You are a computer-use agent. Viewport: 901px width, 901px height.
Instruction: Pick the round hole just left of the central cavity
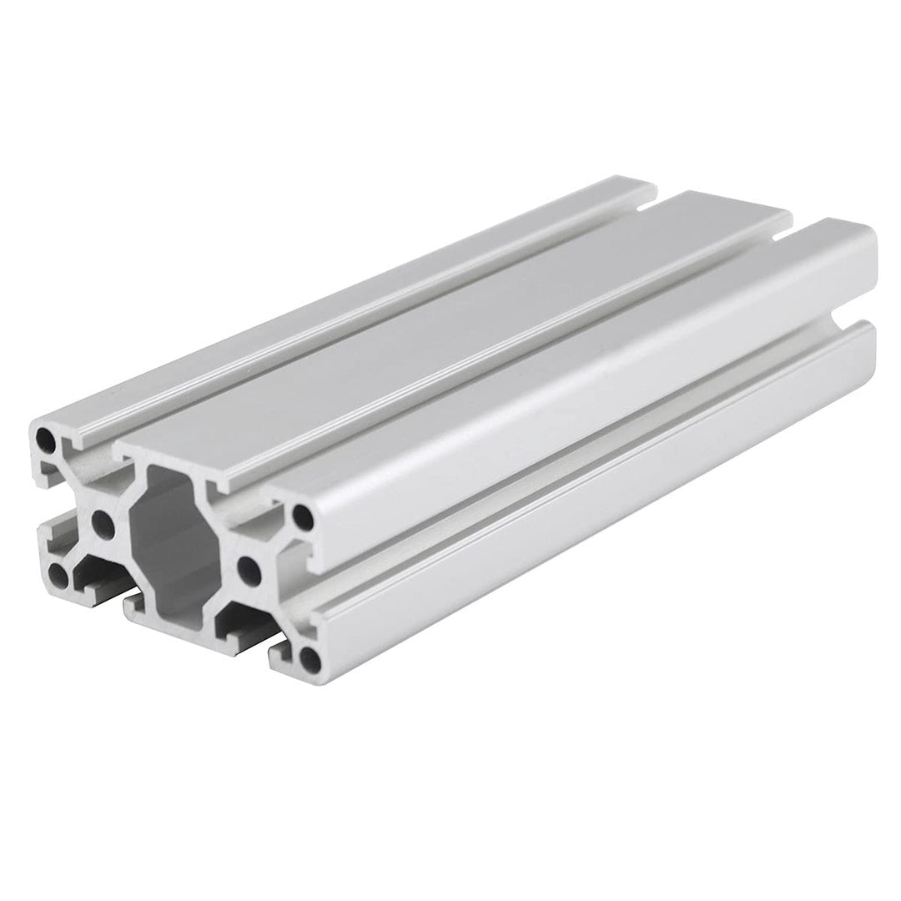pyautogui.click(x=103, y=525)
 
